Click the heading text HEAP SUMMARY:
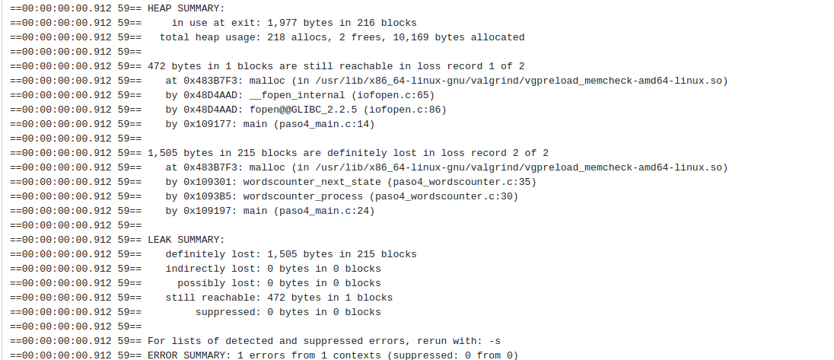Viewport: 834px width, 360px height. click(x=186, y=8)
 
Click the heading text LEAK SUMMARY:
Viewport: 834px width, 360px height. click(x=186, y=239)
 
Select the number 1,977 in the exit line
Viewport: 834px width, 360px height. click(x=263, y=22)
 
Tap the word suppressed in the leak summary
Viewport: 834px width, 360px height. click(x=224, y=311)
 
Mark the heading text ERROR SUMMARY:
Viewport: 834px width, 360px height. click(x=188, y=355)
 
